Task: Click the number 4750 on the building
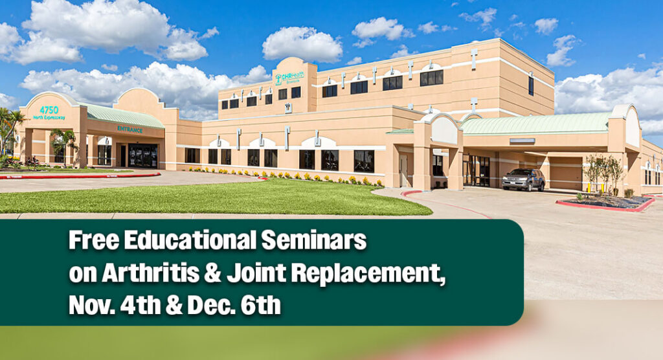click(x=49, y=110)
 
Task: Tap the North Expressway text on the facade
click(x=49, y=117)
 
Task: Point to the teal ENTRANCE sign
click(x=129, y=129)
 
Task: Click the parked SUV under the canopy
click(x=523, y=179)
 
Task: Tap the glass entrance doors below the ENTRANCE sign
click(x=142, y=155)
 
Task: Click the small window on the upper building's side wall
click(x=531, y=85)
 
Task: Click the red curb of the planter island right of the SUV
click(x=602, y=207)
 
